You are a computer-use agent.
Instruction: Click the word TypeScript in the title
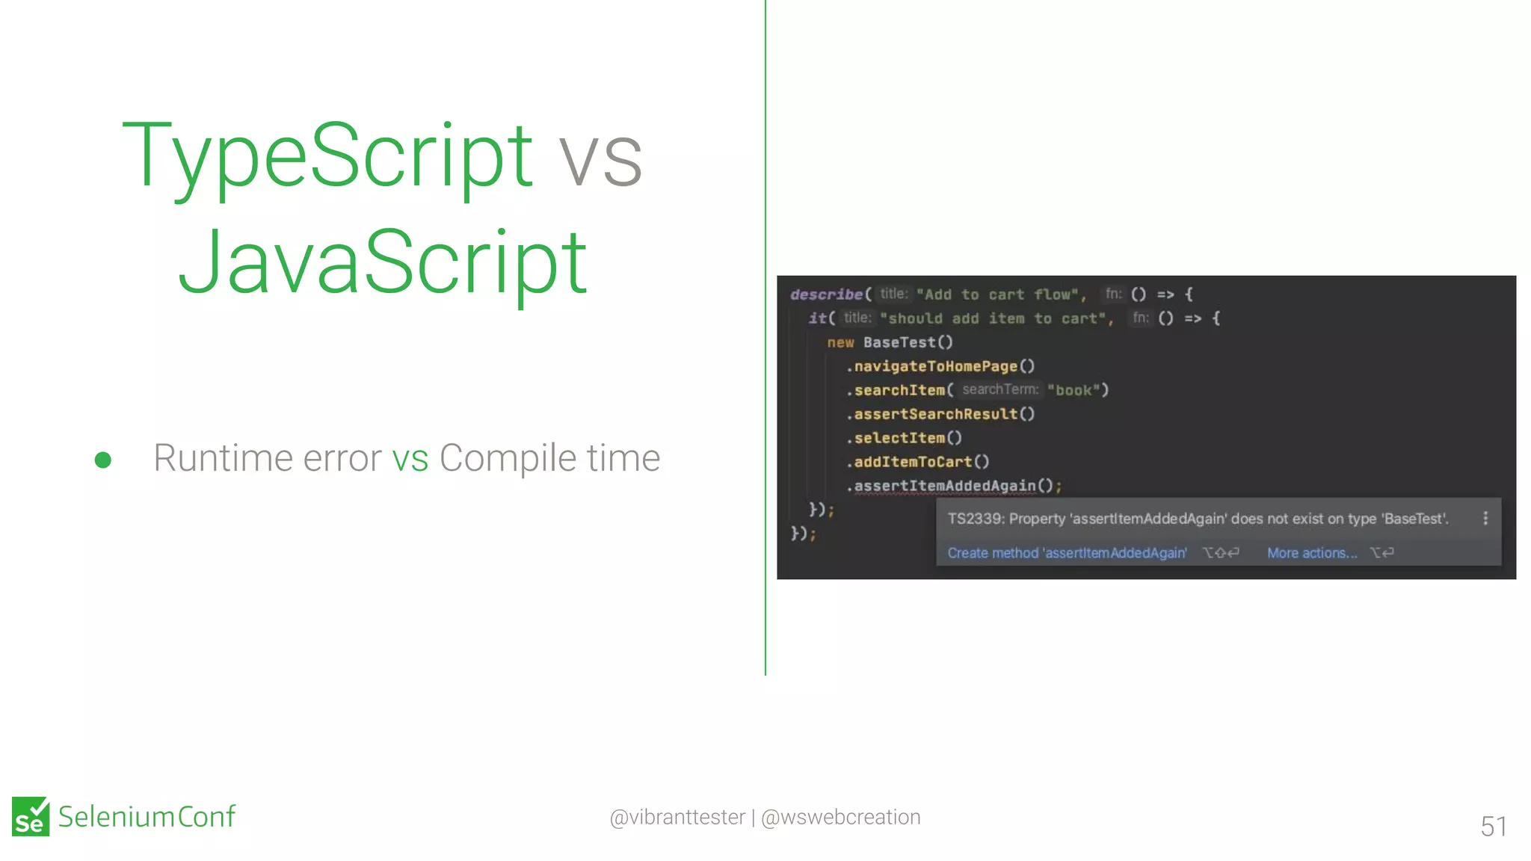[327, 155]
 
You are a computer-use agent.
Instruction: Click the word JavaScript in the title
[382, 263]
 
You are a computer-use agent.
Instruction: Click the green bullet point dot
[103, 460]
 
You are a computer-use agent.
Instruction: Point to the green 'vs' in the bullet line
[410, 458]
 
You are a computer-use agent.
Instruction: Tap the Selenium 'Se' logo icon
[31, 816]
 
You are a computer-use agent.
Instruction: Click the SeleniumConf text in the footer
[147, 816]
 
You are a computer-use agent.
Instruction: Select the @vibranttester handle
[677, 817]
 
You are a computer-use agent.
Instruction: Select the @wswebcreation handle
[840, 817]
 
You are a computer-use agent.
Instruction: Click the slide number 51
[1493, 826]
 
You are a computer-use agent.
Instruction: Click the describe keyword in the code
[826, 294]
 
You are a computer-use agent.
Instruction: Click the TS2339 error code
[974, 519]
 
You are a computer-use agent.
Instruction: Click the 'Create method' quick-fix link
[1067, 553]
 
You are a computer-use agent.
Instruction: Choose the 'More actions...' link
[1311, 553]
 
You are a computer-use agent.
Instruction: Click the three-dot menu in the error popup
[1485, 519]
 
